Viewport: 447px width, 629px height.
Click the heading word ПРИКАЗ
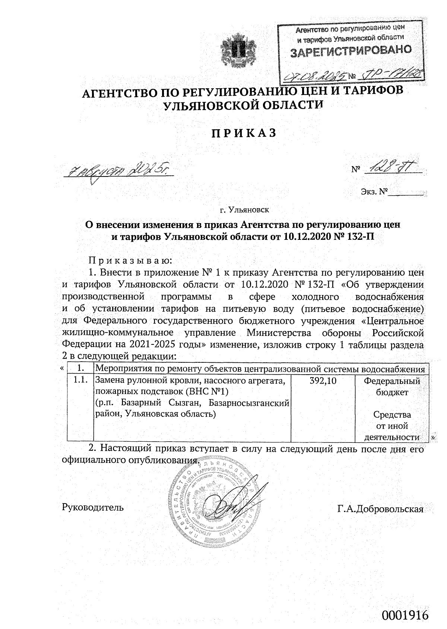244,133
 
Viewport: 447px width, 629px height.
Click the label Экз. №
374,192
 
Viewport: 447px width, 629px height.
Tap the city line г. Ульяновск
244,210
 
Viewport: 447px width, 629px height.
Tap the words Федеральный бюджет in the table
391,387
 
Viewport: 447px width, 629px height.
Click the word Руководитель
93,507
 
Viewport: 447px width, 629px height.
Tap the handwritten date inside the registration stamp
316,76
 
